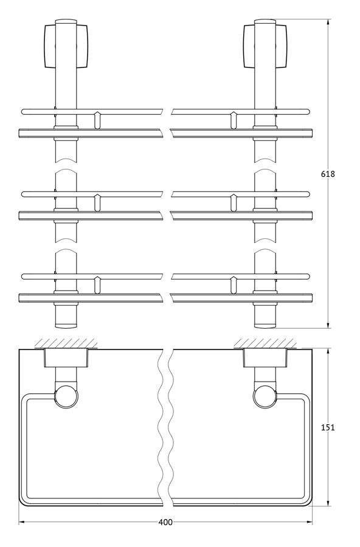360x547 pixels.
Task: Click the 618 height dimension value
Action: click(328, 174)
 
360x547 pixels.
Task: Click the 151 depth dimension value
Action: click(328, 427)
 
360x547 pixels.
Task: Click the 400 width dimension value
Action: click(165, 522)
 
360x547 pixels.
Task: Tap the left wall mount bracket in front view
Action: click(66, 46)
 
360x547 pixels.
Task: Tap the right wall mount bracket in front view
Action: click(265, 46)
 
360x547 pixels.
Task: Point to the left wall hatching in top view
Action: click(66, 343)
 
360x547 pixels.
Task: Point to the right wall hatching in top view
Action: click(265, 343)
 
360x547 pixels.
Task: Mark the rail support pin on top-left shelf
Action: click(97, 120)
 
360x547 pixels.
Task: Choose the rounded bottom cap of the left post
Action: click(66, 326)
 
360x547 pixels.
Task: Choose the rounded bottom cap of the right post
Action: click(265, 326)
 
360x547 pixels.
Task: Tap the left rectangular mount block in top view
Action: click(66, 358)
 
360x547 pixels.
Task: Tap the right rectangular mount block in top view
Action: click(265, 358)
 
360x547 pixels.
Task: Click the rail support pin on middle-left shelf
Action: click(97, 202)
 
